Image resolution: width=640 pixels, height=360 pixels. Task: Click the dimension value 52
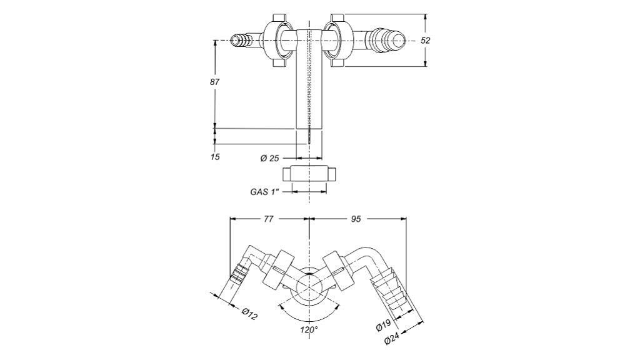(x=426, y=40)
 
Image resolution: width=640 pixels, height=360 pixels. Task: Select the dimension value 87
(x=214, y=82)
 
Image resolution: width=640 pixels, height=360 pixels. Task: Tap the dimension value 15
(x=215, y=156)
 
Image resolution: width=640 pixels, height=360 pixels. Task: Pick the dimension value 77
(x=269, y=219)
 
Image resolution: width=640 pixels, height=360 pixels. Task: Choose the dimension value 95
(x=355, y=219)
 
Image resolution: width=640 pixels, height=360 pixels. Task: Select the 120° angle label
(x=309, y=329)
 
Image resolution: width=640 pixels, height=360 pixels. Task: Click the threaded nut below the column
(x=309, y=174)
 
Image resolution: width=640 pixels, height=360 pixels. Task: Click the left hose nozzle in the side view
(x=242, y=41)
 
